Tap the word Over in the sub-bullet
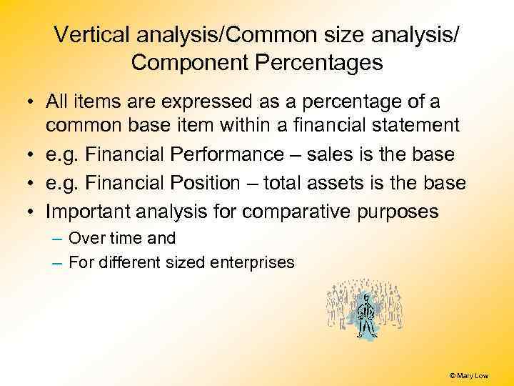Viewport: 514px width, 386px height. pyautogui.click(x=85, y=238)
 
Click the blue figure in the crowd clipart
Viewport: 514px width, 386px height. pyautogui.click(x=366, y=315)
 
